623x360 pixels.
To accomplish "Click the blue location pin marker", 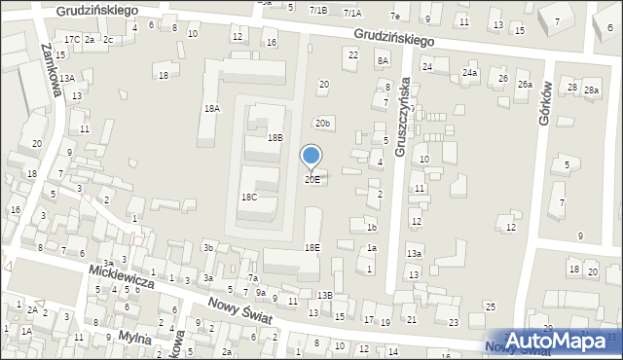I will (311, 156).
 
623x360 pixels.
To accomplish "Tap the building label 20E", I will (311, 180).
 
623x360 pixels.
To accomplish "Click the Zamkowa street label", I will (53, 71).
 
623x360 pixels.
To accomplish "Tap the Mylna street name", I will (133, 338).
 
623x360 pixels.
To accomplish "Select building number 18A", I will (212, 109).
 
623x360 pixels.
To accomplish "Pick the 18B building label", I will (275, 138).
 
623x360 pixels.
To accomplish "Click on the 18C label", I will (249, 197).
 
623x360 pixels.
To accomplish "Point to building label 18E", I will (311, 248).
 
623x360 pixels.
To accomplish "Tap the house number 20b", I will (323, 124).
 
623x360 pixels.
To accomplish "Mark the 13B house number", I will (324, 295).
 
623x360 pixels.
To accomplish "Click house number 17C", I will (72, 39).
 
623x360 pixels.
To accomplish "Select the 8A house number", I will (383, 60).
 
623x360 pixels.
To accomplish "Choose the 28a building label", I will (592, 90).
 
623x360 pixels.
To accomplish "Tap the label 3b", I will (208, 248).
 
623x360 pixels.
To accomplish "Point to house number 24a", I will (470, 73).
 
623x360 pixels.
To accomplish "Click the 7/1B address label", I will (318, 10).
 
